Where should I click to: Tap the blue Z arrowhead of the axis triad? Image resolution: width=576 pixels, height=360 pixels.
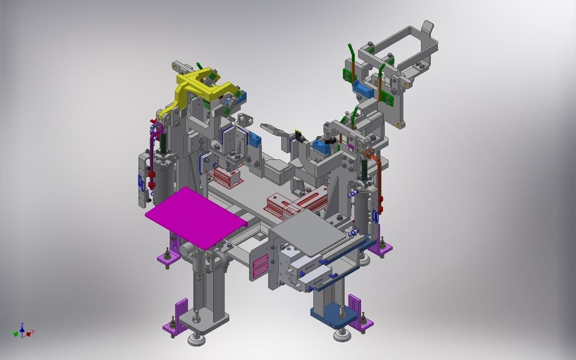pyautogui.click(x=22, y=326)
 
